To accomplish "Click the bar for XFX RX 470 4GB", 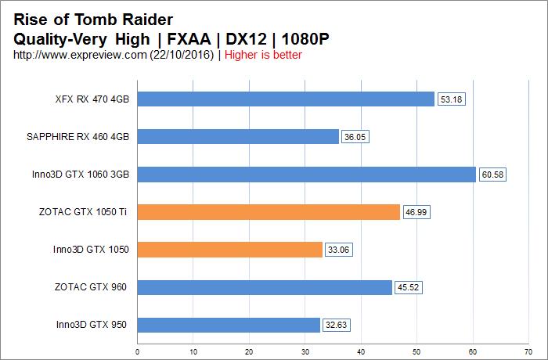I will (286, 99).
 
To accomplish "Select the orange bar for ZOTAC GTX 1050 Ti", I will (269, 212).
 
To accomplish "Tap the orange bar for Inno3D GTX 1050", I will (230, 250).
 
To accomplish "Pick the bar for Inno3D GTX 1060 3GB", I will (307, 175).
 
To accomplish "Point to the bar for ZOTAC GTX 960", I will (265, 287).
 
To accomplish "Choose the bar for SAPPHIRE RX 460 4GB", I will (238, 136).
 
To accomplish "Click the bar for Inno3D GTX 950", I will (229, 325).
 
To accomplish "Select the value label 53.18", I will (451, 99).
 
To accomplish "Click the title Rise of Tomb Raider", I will (95, 18).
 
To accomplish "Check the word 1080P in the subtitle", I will (301, 38).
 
